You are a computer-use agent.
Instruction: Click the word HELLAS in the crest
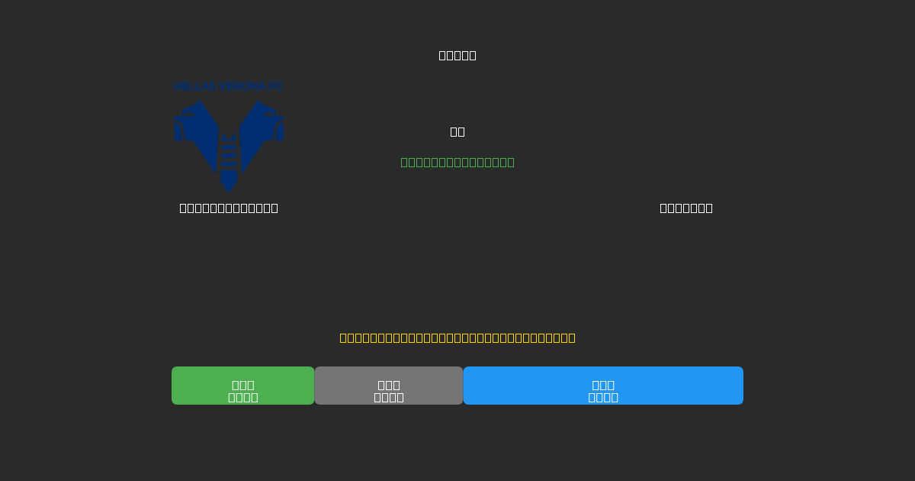click(x=194, y=86)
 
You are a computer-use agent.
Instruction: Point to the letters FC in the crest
click(x=275, y=86)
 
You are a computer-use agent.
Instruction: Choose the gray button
click(x=389, y=386)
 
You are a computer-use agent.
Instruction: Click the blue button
click(x=603, y=386)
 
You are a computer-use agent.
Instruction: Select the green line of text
click(x=457, y=162)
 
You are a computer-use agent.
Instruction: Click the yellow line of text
click(x=457, y=337)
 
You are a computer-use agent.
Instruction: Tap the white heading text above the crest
click(x=457, y=55)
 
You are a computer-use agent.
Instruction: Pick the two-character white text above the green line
click(x=457, y=131)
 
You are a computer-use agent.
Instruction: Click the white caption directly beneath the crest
click(x=229, y=208)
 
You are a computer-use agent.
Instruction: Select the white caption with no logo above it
click(x=686, y=208)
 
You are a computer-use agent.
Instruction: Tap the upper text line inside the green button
click(x=243, y=385)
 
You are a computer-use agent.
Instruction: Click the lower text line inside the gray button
click(x=389, y=397)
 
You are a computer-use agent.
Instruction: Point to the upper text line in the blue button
click(x=603, y=385)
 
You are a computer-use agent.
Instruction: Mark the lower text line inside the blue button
click(x=603, y=397)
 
